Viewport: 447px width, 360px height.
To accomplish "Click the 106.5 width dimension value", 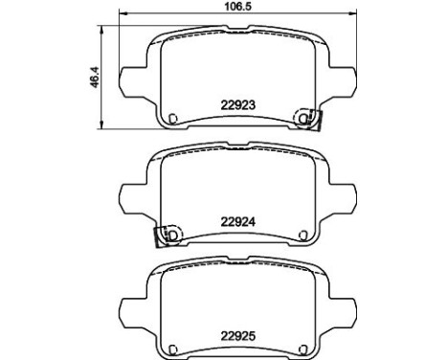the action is coord(238,7).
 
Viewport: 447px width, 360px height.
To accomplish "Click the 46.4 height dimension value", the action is coord(95,78).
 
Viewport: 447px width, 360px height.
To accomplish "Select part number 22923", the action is coord(238,105).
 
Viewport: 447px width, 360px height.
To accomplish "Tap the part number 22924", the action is coord(238,222).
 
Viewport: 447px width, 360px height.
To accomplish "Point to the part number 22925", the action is coord(238,336).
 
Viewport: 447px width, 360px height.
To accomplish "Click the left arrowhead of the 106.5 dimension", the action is coord(123,13).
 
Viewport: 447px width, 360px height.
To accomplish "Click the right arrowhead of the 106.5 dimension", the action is coord(351,13).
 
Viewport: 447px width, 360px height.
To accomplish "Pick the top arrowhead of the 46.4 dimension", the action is coord(101,31).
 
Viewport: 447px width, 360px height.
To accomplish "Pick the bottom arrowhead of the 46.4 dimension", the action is coord(101,124).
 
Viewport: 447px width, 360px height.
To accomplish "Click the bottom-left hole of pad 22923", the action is coord(173,119).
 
